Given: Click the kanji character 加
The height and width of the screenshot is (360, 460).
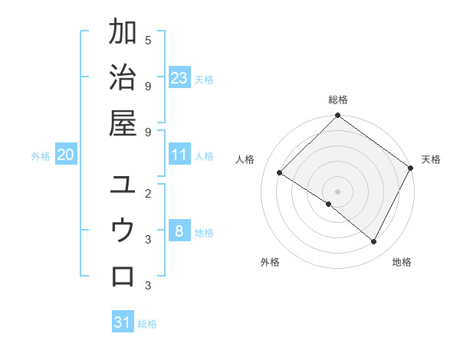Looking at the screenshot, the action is (123, 33).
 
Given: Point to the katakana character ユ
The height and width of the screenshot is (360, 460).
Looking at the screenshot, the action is (123, 185).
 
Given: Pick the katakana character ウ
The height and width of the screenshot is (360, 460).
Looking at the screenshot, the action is (123, 230).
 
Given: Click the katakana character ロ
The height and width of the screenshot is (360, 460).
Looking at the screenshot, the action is (123, 275).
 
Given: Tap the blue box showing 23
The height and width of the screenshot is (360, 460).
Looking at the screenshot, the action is (179, 78).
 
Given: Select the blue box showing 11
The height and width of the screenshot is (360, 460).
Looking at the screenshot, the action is (179, 155).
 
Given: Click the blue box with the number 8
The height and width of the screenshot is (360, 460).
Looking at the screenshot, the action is (179, 232).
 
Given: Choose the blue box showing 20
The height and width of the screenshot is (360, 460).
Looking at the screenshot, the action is (66, 155).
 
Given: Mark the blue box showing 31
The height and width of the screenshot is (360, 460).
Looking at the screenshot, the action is (123, 322).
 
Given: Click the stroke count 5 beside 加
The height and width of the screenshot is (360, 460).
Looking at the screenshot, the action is (147, 40).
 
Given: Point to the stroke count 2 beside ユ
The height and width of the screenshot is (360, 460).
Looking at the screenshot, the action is (147, 193).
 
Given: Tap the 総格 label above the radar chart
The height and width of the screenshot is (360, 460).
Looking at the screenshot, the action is (337, 100).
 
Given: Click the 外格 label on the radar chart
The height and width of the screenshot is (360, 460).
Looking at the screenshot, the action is (270, 263).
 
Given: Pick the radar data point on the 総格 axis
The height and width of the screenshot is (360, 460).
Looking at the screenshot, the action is (337, 116).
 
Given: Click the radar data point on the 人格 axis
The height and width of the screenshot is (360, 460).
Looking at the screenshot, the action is (280, 173).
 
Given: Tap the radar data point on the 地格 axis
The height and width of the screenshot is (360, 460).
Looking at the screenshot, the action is (374, 242).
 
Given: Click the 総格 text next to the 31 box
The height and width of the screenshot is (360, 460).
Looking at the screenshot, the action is (147, 324).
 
